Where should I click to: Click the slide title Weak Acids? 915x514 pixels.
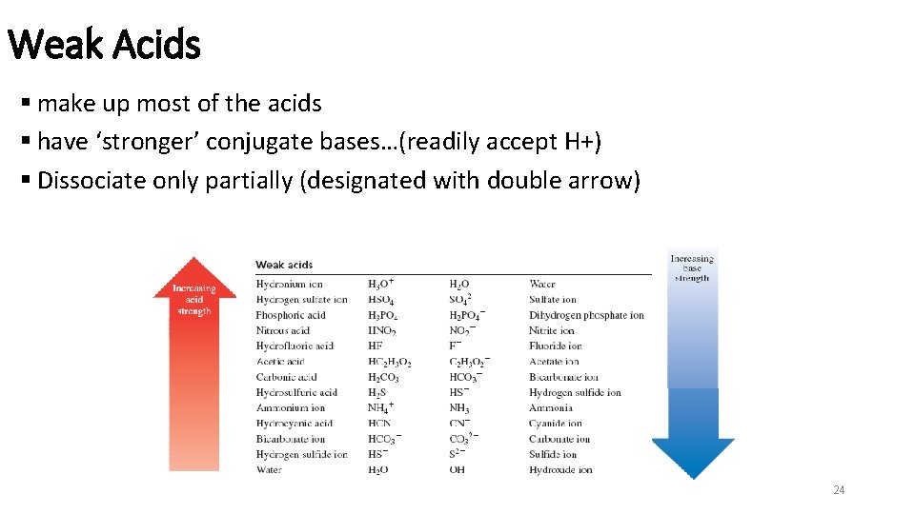pyautogui.click(x=104, y=44)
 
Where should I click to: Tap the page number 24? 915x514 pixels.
pyautogui.click(x=839, y=490)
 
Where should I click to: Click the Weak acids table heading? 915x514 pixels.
pyautogui.click(x=284, y=265)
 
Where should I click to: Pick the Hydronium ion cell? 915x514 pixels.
pyautogui.click(x=289, y=284)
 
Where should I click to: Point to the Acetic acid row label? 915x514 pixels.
pyautogui.click(x=280, y=362)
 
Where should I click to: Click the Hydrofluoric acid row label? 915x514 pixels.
pyautogui.click(x=295, y=346)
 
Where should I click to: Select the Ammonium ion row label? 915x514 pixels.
pyautogui.click(x=290, y=407)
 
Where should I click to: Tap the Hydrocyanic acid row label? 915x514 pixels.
pyautogui.click(x=294, y=424)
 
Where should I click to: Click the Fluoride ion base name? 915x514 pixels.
pyautogui.click(x=555, y=346)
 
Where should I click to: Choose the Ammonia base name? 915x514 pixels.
pyautogui.click(x=550, y=407)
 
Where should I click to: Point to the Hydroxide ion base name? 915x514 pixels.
pyautogui.click(x=560, y=470)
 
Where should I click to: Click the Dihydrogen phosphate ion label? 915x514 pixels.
pyautogui.click(x=586, y=315)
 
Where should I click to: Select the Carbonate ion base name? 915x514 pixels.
pyautogui.click(x=559, y=439)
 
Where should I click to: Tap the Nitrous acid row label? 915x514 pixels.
pyautogui.click(x=284, y=330)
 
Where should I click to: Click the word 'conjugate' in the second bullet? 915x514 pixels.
pyautogui.click(x=251, y=142)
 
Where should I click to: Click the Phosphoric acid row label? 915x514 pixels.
pyautogui.click(x=291, y=315)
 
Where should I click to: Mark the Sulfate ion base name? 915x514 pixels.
pyautogui.click(x=554, y=299)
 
